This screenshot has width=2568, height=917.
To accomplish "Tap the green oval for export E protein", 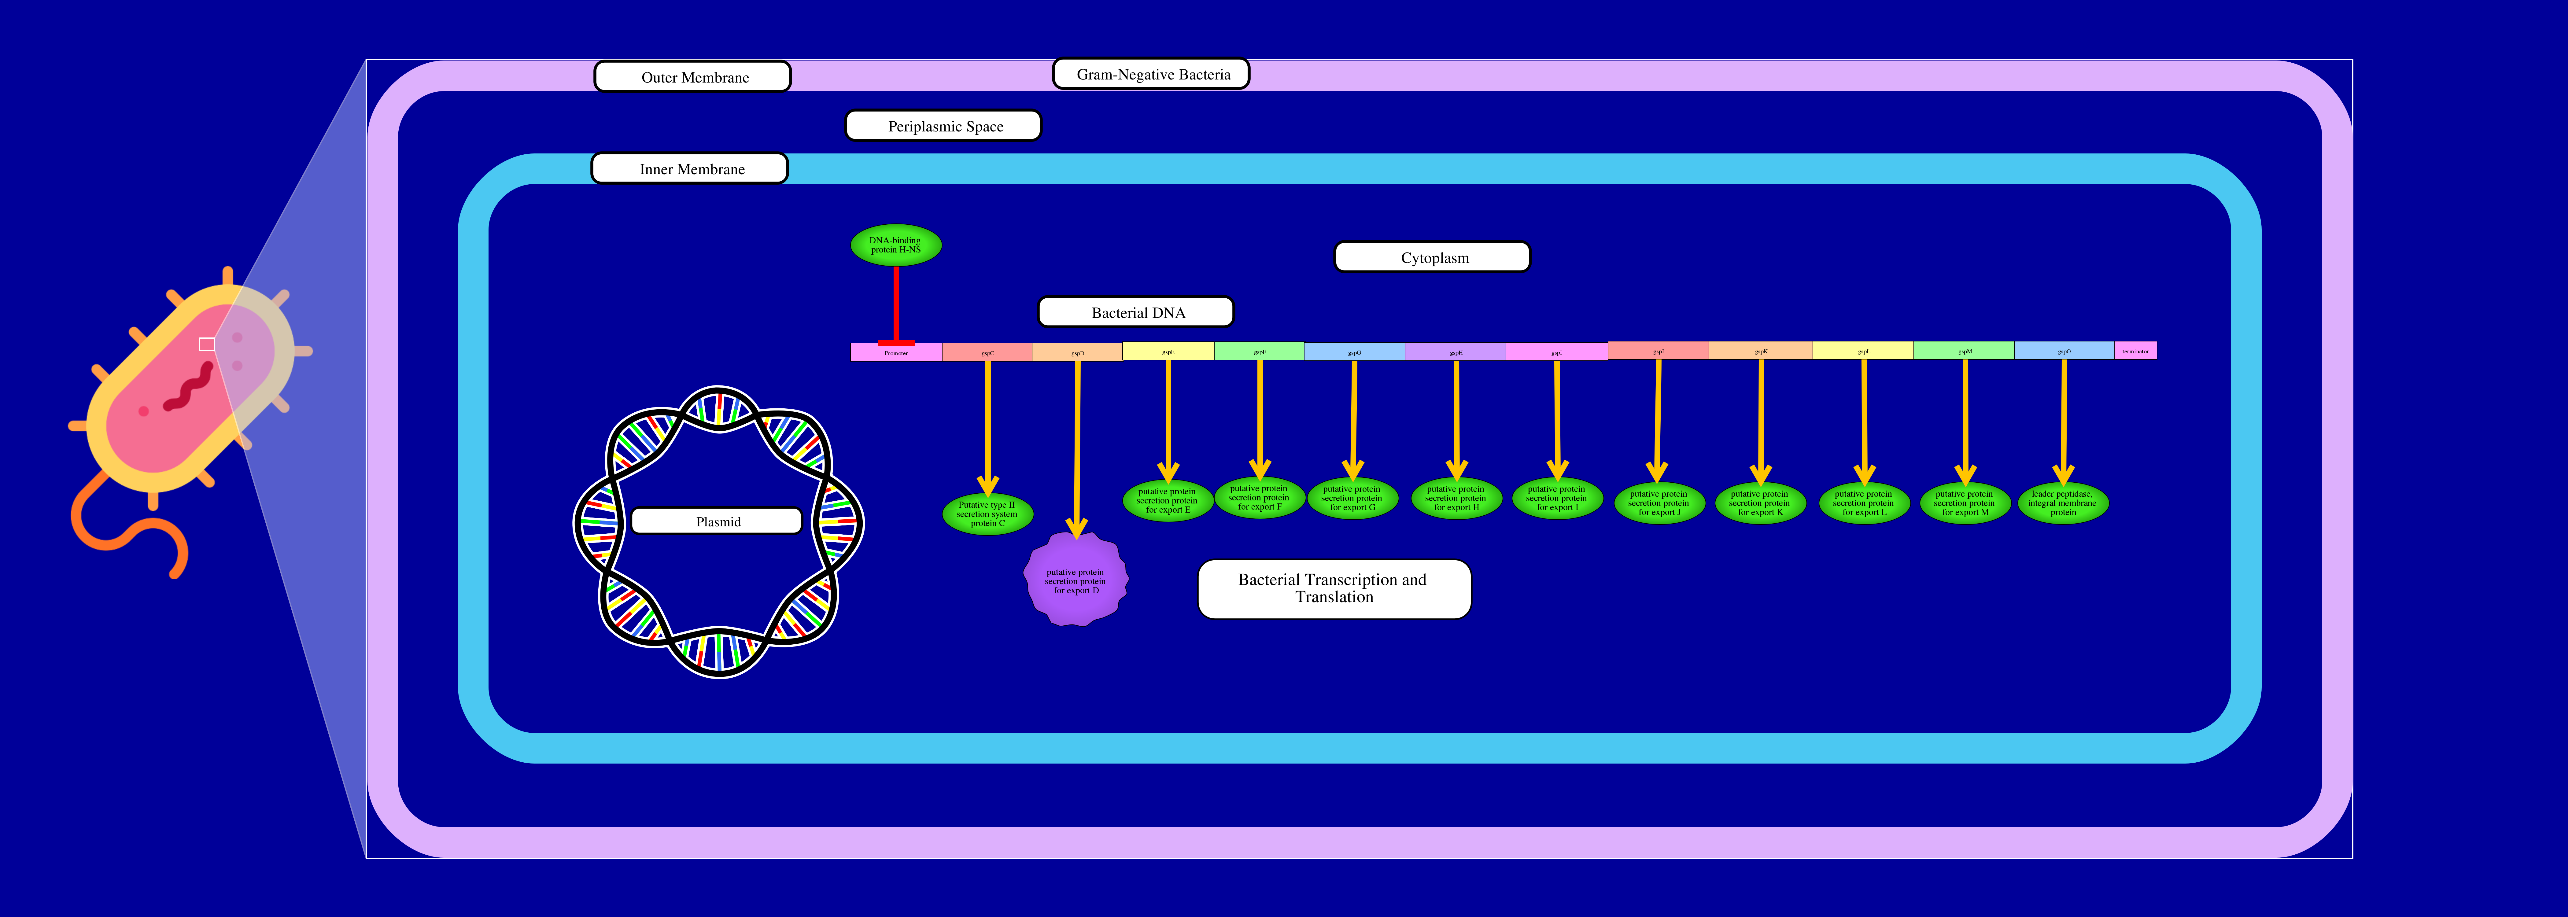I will pyautogui.click(x=1167, y=500).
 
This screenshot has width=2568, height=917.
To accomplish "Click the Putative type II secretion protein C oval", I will pyautogui.click(x=987, y=513).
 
